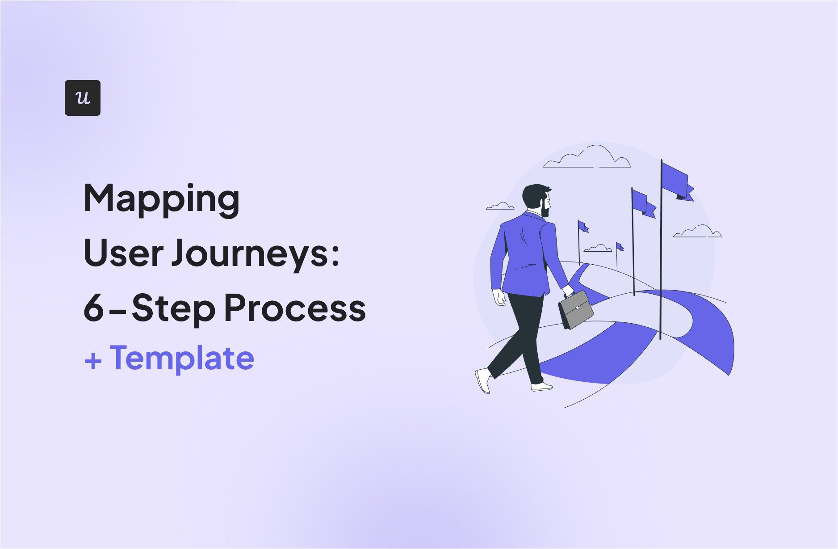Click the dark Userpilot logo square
pos(83,98)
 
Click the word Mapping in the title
pos(162,199)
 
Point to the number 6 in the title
pos(94,308)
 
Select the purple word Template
pos(182,359)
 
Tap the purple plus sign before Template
pos(93,361)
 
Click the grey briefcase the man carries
pos(576,309)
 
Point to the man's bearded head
pos(537,200)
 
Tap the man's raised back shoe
pos(483,380)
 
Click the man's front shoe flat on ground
pos(541,387)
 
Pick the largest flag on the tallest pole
pos(677,181)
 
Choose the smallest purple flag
pos(620,247)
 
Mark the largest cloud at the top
pos(587,157)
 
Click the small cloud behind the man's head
pos(500,206)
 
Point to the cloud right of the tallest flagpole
pos(697,232)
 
